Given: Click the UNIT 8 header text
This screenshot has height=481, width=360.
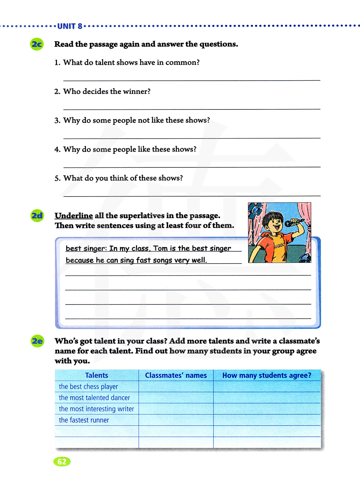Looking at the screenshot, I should point(70,26).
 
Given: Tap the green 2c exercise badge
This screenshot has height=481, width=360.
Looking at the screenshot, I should point(37,44).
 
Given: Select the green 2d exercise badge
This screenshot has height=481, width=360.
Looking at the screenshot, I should point(37,216).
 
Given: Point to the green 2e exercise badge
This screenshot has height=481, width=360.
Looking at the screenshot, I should point(37,341).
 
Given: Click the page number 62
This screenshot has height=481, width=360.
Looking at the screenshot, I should point(62,462).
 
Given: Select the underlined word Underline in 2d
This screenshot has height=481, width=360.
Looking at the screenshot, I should point(74,216).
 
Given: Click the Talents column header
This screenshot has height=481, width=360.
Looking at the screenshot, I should point(96,375).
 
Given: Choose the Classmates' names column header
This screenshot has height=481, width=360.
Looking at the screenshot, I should point(176,375).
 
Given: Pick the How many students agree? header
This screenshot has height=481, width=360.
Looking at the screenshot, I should point(267,375).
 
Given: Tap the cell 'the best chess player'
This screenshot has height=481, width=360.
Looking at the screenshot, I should point(89,387).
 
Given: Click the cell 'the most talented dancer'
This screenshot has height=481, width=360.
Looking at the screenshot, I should point(94,398).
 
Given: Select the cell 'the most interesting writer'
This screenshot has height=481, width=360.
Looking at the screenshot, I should point(96,409).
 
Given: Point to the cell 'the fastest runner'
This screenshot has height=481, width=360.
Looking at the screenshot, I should point(84,420).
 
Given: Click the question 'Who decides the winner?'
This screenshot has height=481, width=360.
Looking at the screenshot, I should point(107,91).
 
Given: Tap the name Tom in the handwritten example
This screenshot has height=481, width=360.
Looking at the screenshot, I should point(161,248).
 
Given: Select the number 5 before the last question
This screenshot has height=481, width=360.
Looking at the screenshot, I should point(57,178).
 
